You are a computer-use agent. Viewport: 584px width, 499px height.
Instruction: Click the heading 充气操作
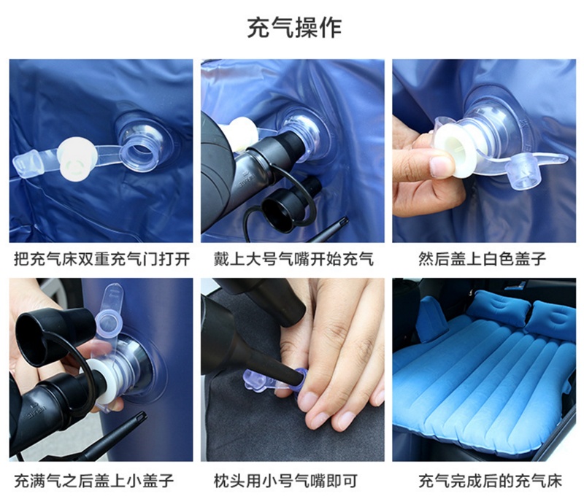coord(294,28)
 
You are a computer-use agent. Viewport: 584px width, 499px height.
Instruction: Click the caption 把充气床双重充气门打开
coord(101,258)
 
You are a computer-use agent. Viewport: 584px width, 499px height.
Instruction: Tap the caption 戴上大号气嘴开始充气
coord(293,258)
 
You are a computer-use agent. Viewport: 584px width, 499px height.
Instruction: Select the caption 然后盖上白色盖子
coord(483,258)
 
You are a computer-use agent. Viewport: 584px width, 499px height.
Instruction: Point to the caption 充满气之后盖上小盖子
coord(94,480)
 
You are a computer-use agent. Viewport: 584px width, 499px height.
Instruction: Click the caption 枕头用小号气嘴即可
coord(285,480)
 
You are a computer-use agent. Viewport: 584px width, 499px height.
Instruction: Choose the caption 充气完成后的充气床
coord(490,480)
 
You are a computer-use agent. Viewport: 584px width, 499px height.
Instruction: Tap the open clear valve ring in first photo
coord(140,152)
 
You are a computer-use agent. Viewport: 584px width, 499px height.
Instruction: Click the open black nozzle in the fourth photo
coord(39,328)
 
